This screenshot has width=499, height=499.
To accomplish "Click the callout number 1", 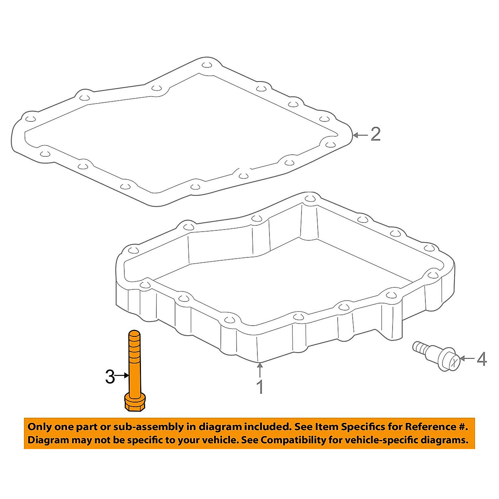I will pos(260,387).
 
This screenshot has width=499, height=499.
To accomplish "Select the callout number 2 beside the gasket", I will pos(375,134).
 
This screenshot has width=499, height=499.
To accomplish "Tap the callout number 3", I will pos(110,377).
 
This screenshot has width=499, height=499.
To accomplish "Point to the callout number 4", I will pos(482,359).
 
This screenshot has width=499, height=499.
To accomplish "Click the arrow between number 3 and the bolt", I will pos(123,376).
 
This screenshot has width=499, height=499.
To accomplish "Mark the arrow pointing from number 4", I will pos(467,358).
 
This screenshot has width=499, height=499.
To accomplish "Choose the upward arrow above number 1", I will pos(260,370).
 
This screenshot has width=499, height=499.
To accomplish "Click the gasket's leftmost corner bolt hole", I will pos(28,119).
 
